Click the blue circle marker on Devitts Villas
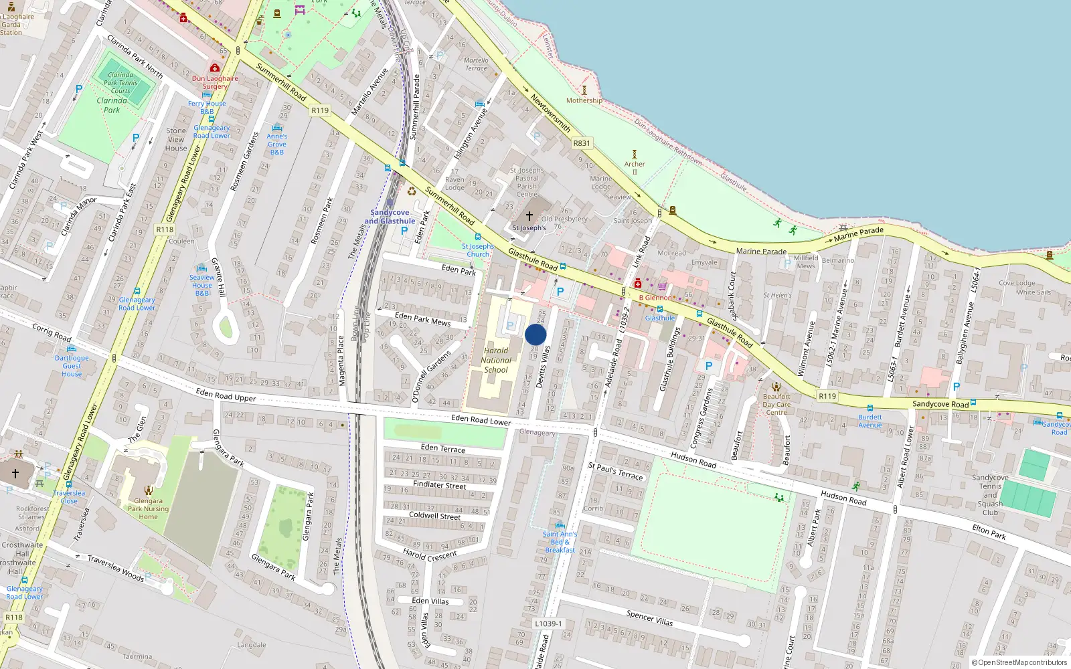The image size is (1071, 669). [x=535, y=334]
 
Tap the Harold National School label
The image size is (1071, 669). [x=496, y=360]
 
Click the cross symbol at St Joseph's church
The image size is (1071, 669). [x=529, y=216]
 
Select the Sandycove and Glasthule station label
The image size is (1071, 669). [x=390, y=217]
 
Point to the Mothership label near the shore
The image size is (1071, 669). [x=584, y=100]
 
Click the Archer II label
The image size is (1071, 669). [x=635, y=167]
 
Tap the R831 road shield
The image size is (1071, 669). [x=582, y=143]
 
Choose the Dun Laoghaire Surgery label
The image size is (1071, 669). [x=215, y=82]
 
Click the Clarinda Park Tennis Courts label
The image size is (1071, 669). [x=120, y=83]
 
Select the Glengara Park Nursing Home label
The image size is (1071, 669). [x=148, y=508]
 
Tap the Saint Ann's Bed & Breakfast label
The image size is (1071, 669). [x=560, y=542]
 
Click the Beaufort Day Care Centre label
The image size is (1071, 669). [x=776, y=404]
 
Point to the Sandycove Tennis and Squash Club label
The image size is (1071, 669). [x=990, y=495]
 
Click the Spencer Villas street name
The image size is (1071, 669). [x=649, y=617]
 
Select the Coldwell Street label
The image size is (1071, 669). [x=435, y=516]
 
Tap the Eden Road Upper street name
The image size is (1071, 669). [x=226, y=395]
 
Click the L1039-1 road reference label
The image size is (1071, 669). [x=548, y=624]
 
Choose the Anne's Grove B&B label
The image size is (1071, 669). [x=277, y=144]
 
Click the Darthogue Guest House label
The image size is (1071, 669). [x=72, y=366]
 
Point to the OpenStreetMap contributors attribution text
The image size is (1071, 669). [x=1019, y=663]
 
